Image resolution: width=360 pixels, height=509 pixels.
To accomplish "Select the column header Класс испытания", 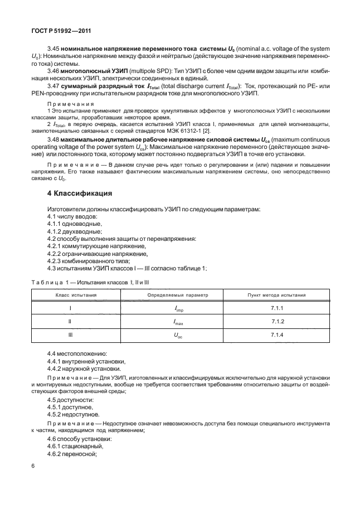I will click(75, 294).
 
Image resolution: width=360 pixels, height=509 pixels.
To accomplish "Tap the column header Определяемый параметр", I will click(177, 294).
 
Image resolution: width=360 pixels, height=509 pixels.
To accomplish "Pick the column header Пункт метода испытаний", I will click(276, 294).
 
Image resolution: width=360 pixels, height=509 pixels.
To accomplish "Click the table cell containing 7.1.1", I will click(277, 308).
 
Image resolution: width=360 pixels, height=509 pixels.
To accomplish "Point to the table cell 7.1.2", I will click(277, 322).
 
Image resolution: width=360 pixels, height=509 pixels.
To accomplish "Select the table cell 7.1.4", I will click(277, 336).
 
